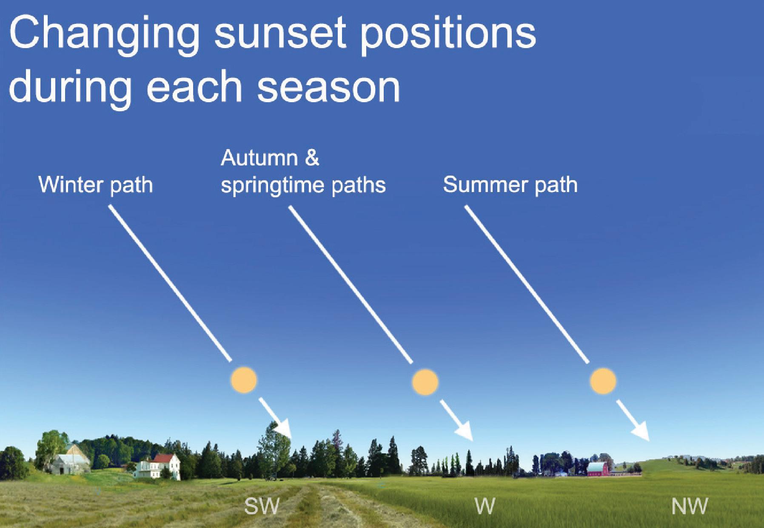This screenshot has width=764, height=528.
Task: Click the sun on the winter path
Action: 244,379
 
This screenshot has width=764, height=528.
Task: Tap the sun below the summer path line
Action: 603,380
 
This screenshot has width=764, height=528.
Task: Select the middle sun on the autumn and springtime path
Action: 425,382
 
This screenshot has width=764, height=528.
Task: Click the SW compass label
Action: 262,506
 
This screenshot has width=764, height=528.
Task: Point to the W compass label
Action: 485,506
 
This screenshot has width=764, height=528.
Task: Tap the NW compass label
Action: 689,506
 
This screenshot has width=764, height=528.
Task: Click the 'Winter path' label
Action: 96,185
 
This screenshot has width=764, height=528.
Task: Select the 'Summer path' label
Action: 510,185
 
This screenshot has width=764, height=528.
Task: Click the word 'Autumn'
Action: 259,158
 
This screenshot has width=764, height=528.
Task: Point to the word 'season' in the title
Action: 329,87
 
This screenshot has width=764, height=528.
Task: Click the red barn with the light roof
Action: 598,468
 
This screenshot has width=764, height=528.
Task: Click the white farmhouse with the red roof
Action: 157,467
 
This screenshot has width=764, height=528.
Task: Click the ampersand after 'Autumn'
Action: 312,158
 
